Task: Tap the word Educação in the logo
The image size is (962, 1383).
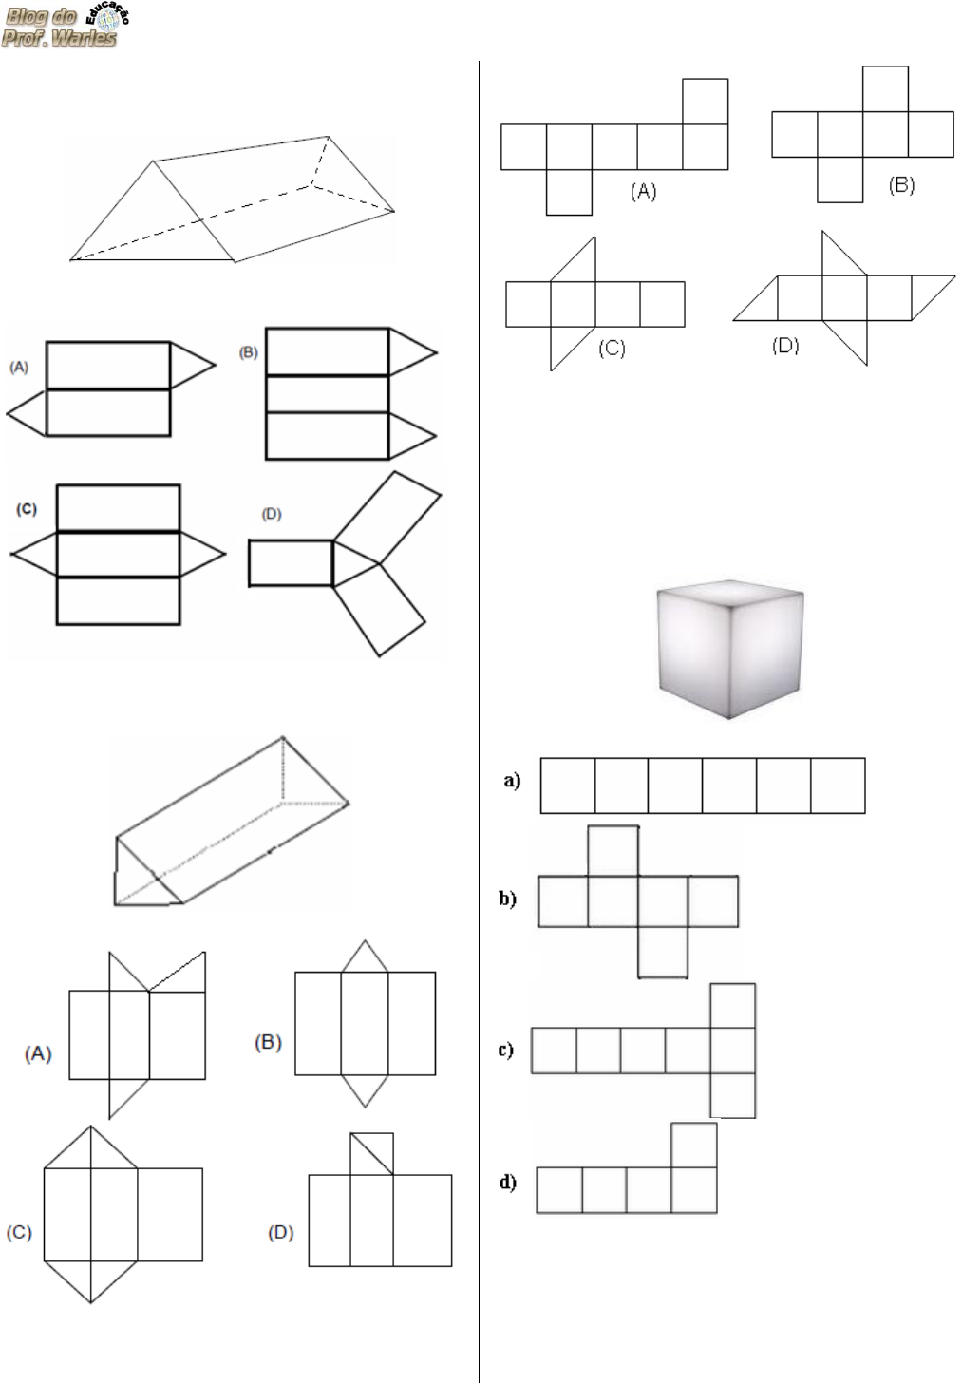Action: (107, 13)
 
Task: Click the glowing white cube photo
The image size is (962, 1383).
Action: (730, 650)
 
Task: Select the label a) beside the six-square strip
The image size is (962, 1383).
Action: (513, 781)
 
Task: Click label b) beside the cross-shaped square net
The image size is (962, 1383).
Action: (507, 899)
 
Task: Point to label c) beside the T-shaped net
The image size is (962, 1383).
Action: (506, 1050)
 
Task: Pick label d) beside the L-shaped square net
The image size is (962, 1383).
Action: (507, 1182)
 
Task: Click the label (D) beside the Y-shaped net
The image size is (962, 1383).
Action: (272, 514)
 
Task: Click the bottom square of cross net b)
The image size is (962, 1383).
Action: (663, 952)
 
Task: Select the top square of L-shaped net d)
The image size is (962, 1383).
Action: (694, 1146)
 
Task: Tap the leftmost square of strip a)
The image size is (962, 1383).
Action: (568, 786)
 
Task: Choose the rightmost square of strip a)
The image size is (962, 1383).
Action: (838, 786)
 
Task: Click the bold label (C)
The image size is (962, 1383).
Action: (27, 509)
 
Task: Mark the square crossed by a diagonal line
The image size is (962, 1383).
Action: (371, 1153)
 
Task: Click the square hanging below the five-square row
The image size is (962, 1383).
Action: (569, 192)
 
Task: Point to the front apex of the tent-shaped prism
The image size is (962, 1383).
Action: (153, 161)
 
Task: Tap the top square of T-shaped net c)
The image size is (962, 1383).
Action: (733, 1006)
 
